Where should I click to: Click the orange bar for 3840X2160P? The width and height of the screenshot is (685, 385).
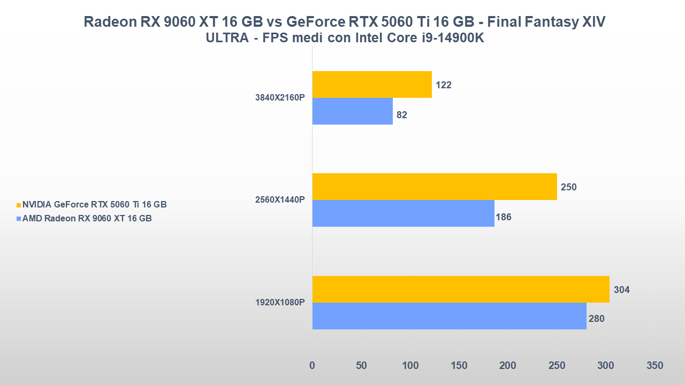(x=372, y=84)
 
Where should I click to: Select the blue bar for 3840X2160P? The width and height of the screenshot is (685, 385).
(x=352, y=111)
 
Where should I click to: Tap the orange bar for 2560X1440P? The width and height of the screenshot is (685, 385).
(x=435, y=187)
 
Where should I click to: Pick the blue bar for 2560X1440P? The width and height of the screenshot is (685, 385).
(x=403, y=213)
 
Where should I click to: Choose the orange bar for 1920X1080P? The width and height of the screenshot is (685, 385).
(x=461, y=289)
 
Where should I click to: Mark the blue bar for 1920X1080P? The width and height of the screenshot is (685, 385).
(x=449, y=316)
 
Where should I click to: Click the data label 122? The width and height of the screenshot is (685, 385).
(x=444, y=85)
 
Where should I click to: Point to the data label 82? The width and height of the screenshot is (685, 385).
(x=402, y=115)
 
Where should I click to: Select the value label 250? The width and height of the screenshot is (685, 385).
(x=569, y=187)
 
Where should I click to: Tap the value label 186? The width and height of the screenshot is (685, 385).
(x=504, y=217)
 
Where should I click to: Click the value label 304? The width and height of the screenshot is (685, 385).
(x=621, y=290)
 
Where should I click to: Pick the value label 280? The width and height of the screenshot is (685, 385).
(x=596, y=319)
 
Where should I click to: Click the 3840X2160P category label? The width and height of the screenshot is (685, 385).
(x=280, y=98)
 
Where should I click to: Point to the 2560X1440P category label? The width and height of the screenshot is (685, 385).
(x=280, y=200)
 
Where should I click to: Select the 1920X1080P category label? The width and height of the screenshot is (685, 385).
(x=280, y=303)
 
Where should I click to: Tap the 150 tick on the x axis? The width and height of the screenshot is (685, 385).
(x=459, y=366)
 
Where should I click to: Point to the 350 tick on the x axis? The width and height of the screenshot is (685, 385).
(x=654, y=366)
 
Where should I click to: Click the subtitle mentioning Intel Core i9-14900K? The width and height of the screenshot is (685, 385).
(x=345, y=38)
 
